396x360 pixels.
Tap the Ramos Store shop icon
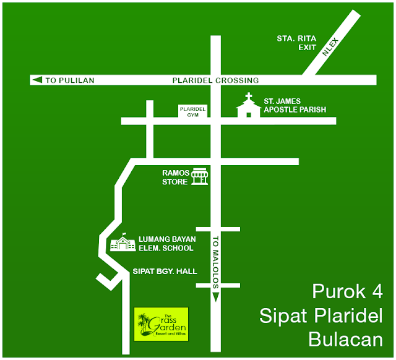coord(199,177)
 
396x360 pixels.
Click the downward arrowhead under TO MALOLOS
coord(216,296)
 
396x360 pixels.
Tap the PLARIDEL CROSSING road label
coord(215,80)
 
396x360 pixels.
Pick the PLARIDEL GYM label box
coord(192,111)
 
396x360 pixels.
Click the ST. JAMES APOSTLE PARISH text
coord(295,105)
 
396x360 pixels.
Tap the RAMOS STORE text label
coord(175,177)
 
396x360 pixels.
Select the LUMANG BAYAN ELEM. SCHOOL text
coord(166,244)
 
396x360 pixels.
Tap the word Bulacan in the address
coord(345,339)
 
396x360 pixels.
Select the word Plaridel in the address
coord(350,315)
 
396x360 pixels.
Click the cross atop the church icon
coord(249,97)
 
